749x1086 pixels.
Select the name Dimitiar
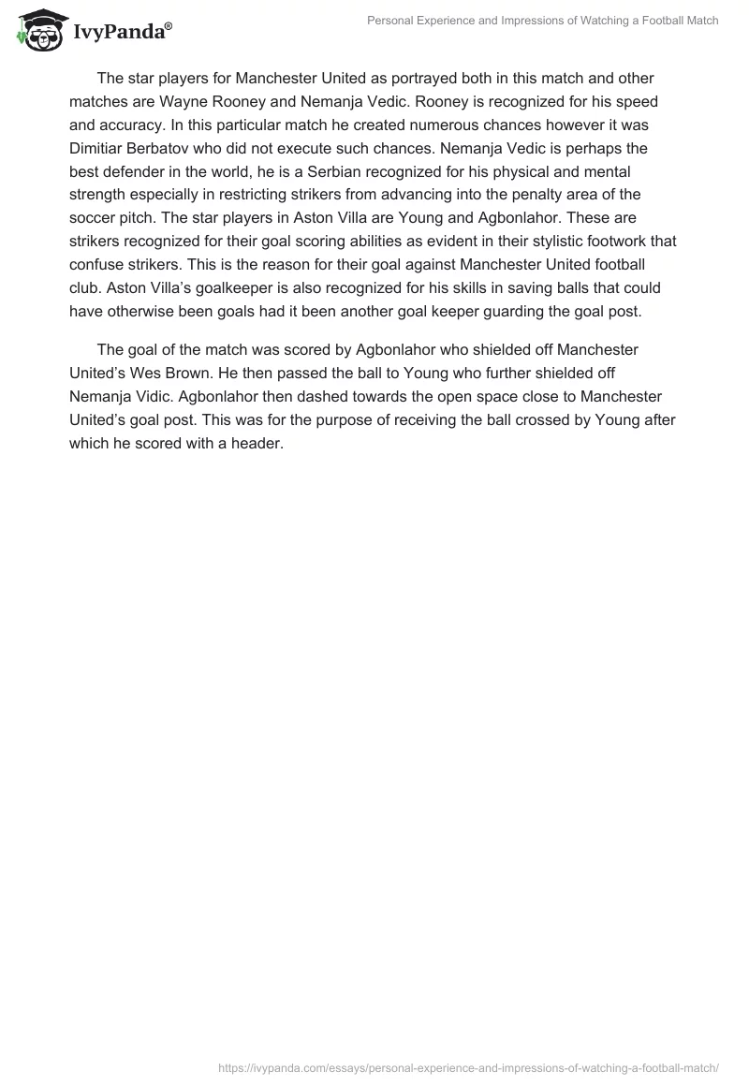[x=99, y=148]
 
